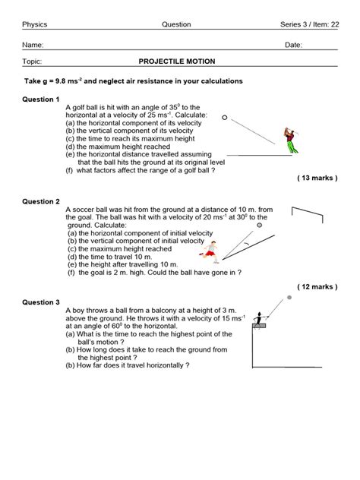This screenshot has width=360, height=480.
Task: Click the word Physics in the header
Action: [34, 25]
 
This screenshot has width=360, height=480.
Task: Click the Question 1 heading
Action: [41, 99]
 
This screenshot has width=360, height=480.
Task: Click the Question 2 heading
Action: [41, 201]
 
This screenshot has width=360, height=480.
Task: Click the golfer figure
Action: [289, 141]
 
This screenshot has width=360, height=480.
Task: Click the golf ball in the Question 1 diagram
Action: [224, 117]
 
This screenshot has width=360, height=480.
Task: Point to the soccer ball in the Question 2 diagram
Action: [260, 226]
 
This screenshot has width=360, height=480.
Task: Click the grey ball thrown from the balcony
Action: [289, 298]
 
